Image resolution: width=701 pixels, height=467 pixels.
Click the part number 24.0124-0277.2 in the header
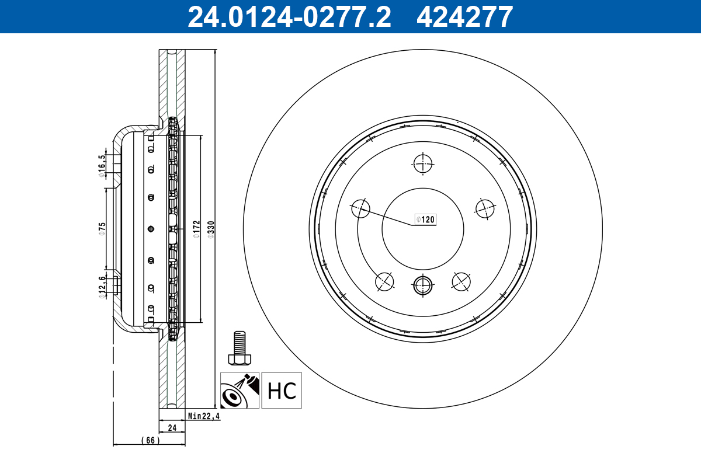(289, 16)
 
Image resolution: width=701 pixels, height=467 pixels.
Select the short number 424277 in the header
(464, 16)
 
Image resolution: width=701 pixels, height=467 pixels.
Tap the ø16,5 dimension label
(102, 164)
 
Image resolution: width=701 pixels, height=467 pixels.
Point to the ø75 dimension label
(102, 228)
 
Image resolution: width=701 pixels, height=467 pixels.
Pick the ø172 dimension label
(196, 229)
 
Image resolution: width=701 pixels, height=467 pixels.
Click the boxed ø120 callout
(425, 219)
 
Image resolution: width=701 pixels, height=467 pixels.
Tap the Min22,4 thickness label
(204, 416)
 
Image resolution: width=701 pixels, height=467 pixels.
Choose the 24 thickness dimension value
(172, 428)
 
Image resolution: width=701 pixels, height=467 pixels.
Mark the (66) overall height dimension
(150, 440)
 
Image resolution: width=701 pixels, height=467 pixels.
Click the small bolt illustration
(240, 348)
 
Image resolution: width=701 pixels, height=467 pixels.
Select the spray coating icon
(240, 391)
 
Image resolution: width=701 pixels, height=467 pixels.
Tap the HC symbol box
(282, 391)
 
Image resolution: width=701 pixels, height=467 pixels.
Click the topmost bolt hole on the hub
(423, 163)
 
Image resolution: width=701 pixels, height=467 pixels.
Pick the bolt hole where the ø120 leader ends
(361, 208)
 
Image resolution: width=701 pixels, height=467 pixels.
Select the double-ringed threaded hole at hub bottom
(423, 285)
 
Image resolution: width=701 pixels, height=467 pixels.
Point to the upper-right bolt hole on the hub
(485, 208)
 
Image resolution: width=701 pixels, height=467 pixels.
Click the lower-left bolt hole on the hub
(384, 281)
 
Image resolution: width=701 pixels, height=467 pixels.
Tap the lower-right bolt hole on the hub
(461, 281)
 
